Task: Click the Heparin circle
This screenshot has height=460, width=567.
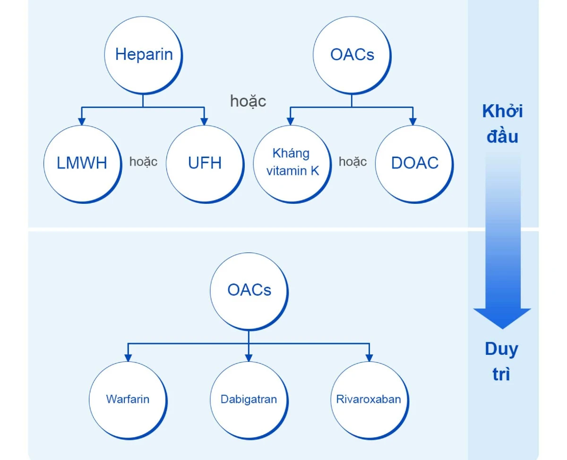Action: point(143,55)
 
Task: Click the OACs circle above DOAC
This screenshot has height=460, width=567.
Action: point(352,55)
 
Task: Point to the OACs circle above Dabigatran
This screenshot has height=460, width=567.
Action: point(249,292)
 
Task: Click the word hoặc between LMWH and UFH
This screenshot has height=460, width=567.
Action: point(144,162)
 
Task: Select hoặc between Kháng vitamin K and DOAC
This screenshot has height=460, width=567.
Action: point(352,162)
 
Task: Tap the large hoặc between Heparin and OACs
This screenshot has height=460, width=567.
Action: point(248,101)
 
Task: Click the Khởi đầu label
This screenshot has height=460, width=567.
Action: point(503,124)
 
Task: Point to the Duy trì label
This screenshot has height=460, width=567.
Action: point(501,361)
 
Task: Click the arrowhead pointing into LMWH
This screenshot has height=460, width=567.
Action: point(82,121)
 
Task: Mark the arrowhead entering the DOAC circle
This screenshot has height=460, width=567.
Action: point(413,121)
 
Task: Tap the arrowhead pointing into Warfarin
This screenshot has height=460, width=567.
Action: point(128,358)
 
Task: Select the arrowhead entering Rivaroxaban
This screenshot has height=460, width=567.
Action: point(369,358)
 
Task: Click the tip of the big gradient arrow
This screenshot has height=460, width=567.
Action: point(502,329)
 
